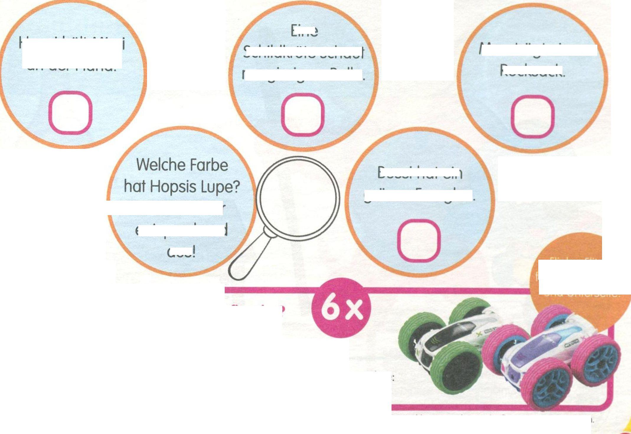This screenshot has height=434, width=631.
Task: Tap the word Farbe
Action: (x=211, y=165)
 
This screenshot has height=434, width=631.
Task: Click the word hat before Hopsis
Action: (x=134, y=187)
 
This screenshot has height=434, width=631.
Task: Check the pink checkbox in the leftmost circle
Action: (x=70, y=113)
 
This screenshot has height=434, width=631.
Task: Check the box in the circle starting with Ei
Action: (x=303, y=114)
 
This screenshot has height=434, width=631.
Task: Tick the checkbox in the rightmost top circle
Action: (x=533, y=116)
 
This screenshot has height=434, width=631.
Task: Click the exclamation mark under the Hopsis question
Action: (x=194, y=253)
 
